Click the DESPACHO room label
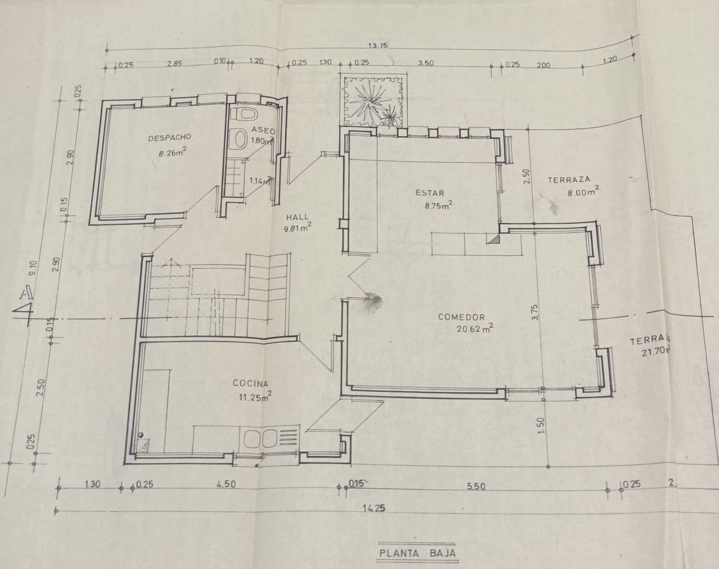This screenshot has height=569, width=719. pos(169,137)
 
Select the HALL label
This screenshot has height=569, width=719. pos(297,217)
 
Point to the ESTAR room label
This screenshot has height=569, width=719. pos(429,193)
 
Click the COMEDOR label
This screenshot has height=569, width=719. pos(461,317)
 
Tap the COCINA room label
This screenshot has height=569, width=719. pos(250,383)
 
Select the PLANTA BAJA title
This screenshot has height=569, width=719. pos(417,553)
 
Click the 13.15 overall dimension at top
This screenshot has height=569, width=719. pos(378,46)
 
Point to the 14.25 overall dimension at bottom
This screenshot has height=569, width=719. pos(374,509)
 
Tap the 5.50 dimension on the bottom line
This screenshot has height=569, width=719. pos(475,487)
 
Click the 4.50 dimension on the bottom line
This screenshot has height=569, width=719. pos(226,484)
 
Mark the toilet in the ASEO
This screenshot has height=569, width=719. pos(244,114)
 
